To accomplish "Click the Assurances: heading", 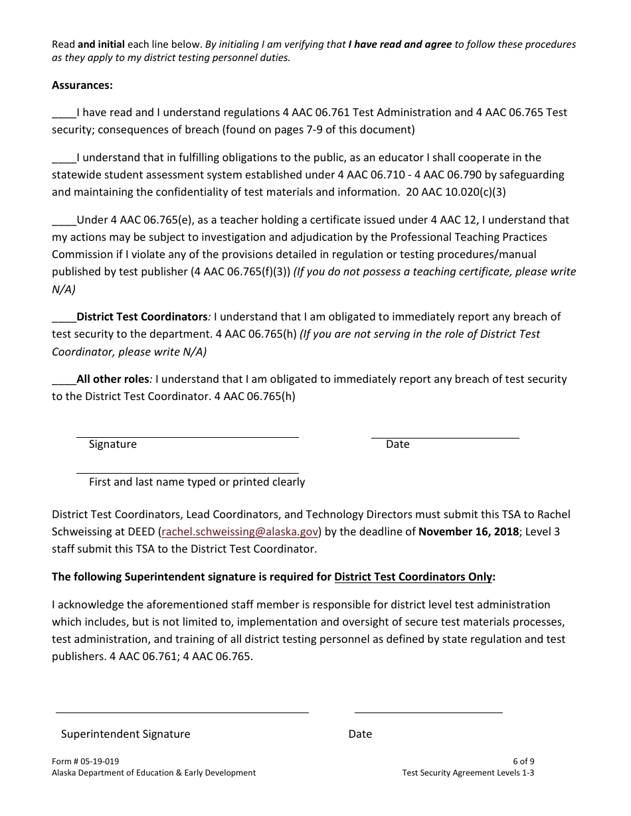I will pos(82,85).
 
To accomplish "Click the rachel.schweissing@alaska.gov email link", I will pos(240,531).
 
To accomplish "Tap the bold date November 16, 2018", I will pos(469,531).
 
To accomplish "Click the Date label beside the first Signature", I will pos(397,444).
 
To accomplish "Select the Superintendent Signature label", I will pos(126,734).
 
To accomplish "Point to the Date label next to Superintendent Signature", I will pos(360,734).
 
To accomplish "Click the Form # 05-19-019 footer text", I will pos(86,762).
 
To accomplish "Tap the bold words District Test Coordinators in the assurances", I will pos(142,316).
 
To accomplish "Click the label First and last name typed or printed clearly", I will pos(197,482).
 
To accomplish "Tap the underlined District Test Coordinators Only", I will pos(413,577).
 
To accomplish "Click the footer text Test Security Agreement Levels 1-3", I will pos(468,773).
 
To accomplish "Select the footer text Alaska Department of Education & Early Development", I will pos(153,773).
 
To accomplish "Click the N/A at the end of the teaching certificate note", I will pos(64,289).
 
